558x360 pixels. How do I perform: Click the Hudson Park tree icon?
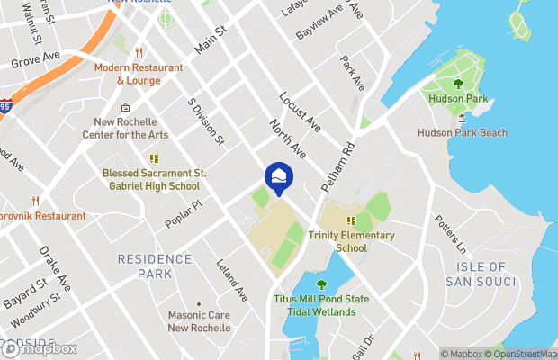point(458,85)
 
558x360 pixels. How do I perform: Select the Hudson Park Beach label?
point(463,133)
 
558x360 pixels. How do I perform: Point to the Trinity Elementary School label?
point(351,241)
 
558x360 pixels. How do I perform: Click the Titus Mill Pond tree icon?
point(321,285)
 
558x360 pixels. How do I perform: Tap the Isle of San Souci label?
point(481,274)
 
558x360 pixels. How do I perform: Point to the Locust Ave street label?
point(300,110)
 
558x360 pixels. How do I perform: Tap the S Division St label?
point(206,121)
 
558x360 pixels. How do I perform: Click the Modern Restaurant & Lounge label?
point(139,74)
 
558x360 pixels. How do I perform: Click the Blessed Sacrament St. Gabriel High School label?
point(151,179)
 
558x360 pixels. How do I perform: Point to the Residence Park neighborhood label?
point(155,265)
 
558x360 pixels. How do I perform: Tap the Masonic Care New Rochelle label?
point(200,321)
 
